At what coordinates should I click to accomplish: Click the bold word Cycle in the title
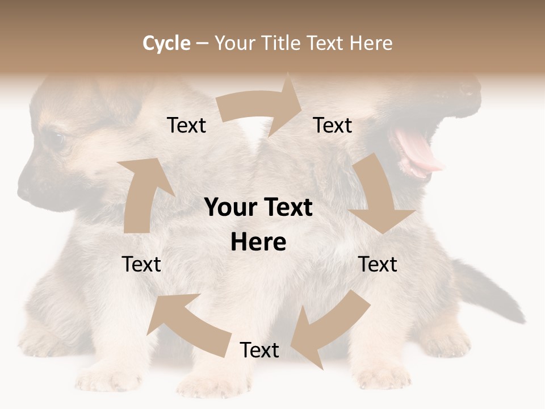pyautogui.click(x=166, y=43)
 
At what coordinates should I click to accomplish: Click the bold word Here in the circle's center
pyautogui.click(x=258, y=242)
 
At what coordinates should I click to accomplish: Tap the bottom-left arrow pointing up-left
pyautogui.click(x=187, y=321)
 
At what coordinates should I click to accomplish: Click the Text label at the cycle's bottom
pyautogui.click(x=259, y=350)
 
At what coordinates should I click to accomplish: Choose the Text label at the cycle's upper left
pyautogui.click(x=187, y=126)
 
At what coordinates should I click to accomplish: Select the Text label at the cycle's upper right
pyautogui.click(x=333, y=126)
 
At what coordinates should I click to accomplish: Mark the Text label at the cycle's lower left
pyautogui.click(x=141, y=264)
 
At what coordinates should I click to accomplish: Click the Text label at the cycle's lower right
pyautogui.click(x=378, y=264)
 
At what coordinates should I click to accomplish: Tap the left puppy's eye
pyautogui.click(x=54, y=138)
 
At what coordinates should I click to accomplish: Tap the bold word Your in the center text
pyautogui.click(x=230, y=208)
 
